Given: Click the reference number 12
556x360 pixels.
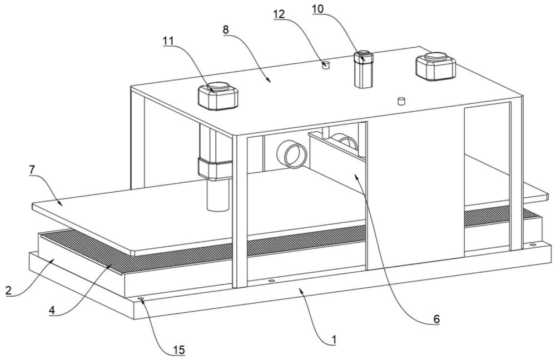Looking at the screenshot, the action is (279, 14).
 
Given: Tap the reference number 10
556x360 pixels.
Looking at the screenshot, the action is (317, 9).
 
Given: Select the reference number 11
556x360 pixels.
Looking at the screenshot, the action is (168, 41).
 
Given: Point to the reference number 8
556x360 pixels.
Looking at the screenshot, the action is (226, 29).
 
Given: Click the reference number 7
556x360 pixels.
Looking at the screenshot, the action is (32, 170).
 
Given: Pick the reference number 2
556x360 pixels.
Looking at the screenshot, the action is (8, 290).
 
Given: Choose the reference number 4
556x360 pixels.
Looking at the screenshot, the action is (52, 311).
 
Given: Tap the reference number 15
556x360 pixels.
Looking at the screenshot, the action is (179, 350).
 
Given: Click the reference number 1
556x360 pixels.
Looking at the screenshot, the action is (333, 339).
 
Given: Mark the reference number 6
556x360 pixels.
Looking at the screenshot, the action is (436, 319).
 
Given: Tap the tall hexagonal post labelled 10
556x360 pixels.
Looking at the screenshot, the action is (363, 70).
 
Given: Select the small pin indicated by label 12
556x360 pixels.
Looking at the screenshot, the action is (325, 65).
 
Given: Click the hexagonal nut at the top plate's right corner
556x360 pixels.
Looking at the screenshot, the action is (435, 67).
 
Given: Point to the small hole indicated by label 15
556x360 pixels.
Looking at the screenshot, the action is (141, 299).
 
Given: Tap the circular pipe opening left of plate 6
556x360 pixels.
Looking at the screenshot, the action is (291, 154).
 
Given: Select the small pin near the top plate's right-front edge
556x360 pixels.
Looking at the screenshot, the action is (401, 101).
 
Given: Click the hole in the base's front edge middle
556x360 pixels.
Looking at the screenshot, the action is (272, 281).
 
